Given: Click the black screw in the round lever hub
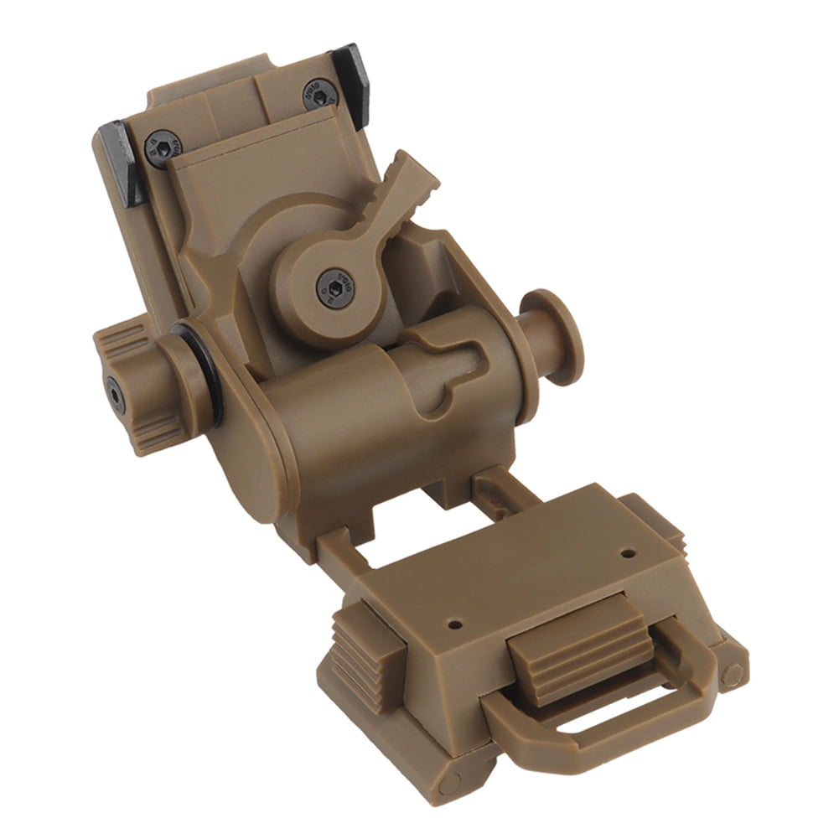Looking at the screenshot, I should pos(334,288).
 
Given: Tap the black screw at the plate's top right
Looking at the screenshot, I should pos(319,93).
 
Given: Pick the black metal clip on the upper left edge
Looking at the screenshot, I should pos(118,163).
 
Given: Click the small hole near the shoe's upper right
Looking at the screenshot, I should pos(628,553).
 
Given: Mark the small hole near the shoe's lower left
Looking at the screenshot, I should pos(454,624).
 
